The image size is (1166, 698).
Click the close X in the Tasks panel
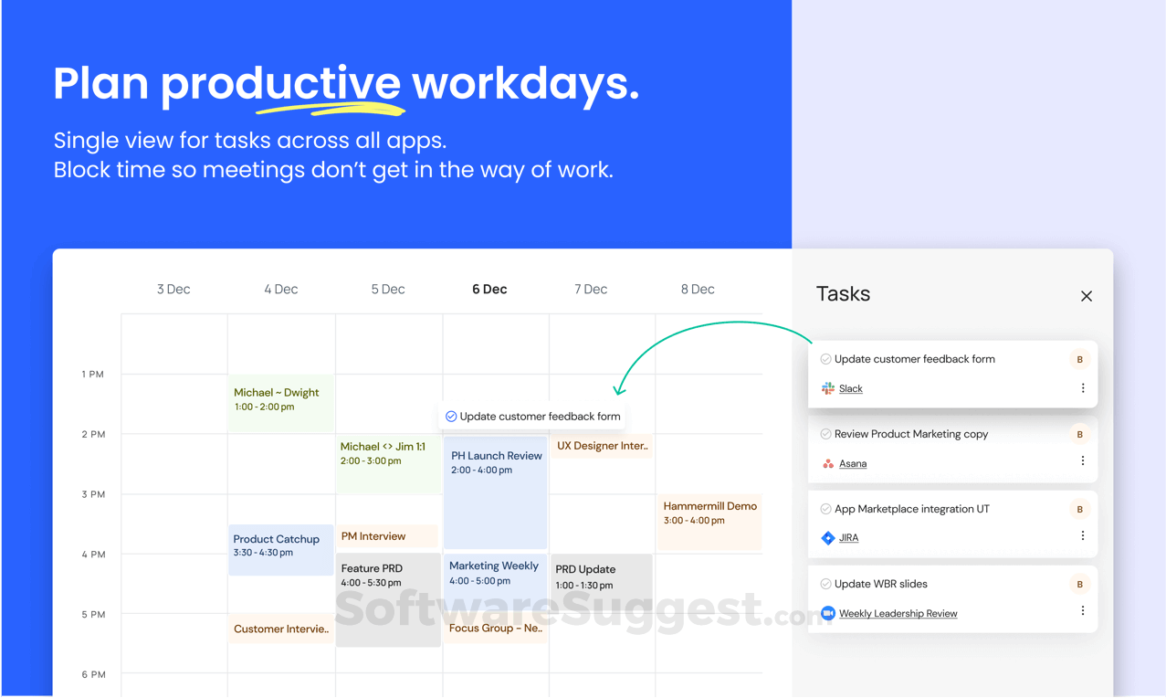click(1086, 296)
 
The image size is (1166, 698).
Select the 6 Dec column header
click(489, 289)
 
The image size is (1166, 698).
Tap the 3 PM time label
click(93, 494)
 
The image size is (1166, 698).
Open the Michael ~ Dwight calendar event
click(280, 402)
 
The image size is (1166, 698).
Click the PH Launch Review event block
click(495, 492)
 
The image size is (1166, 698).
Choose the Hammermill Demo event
click(709, 522)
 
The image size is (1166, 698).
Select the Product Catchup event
click(280, 550)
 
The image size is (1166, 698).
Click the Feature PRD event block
click(388, 599)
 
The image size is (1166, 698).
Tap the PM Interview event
click(387, 536)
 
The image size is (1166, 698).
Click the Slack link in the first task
click(851, 388)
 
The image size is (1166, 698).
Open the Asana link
click(853, 463)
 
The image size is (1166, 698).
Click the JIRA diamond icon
click(827, 537)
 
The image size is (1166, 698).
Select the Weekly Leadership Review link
click(898, 613)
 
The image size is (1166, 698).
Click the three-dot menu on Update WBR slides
click(1083, 610)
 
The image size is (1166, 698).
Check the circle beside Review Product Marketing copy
click(825, 434)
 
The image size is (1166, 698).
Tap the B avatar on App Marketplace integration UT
click(1079, 509)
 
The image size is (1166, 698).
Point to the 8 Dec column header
click(698, 289)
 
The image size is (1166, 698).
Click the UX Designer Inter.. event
click(602, 446)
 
